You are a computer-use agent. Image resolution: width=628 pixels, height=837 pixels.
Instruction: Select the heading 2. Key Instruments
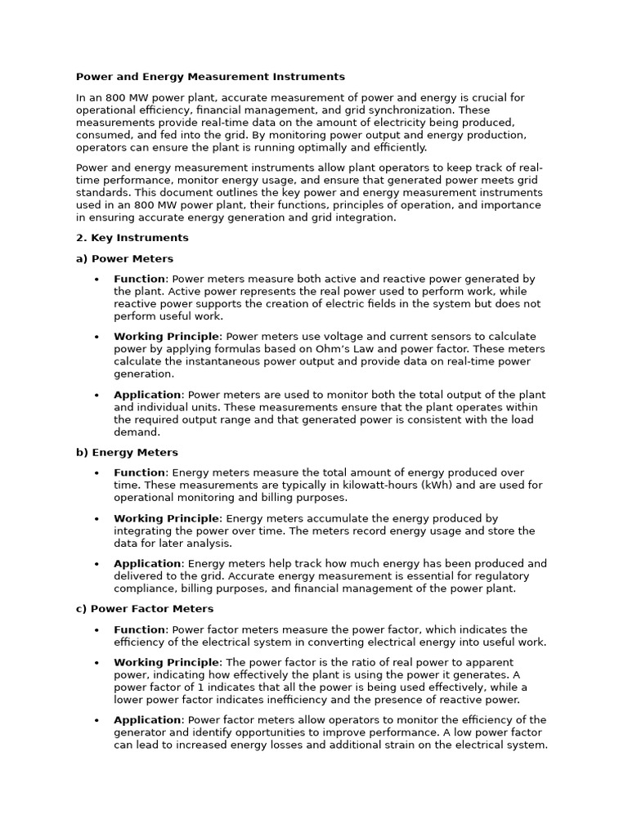pos(132,238)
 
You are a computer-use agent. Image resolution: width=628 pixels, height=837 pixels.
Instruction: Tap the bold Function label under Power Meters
pos(140,280)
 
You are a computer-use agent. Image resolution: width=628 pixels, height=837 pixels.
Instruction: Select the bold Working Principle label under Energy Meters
pos(167,519)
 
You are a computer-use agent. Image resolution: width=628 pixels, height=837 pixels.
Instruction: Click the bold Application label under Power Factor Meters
pos(147,720)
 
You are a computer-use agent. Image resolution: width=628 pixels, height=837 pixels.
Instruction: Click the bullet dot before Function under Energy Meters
pos(96,473)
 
